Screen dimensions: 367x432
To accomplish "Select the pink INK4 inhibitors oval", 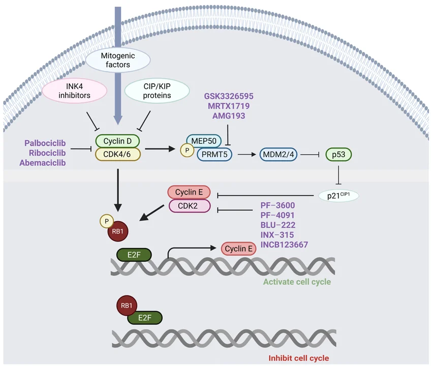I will click(74, 90).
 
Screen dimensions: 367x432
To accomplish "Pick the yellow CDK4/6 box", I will click(117, 154).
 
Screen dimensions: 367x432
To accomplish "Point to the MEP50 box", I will click(204, 140).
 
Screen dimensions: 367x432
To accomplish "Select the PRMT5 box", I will click(214, 154).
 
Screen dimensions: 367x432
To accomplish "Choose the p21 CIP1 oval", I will click(338, 195).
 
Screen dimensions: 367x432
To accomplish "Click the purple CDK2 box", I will click(190, 206).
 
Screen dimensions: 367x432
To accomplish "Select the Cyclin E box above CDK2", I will click(189, 192).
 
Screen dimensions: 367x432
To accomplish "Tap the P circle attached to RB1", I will click(106, 222).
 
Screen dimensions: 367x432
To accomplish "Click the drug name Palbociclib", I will click(45, 142).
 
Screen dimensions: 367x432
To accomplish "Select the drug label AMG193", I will click(229, 116).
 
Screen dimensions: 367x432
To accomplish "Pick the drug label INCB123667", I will click(284, 244).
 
